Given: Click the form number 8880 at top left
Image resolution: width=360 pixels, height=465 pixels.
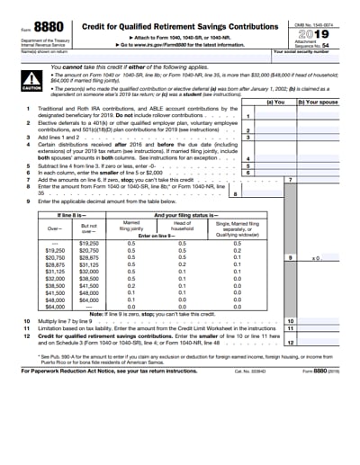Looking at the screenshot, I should [x=38, y=27].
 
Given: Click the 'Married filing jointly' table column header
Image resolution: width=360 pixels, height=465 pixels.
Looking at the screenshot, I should [x=132, y=225].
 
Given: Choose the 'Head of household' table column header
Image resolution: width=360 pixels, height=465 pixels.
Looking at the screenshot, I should [x=184, y=225].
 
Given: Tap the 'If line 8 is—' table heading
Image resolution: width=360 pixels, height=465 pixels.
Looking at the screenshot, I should [x=73, y=217].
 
